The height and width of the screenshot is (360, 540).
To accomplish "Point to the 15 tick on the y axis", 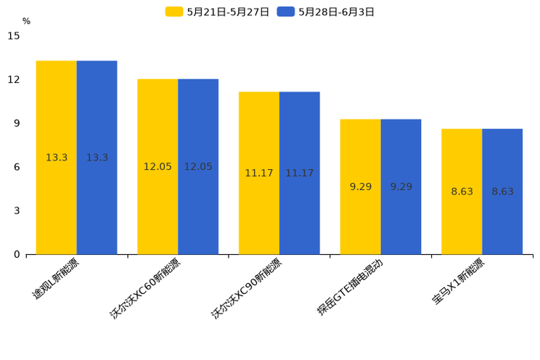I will coord(14,36).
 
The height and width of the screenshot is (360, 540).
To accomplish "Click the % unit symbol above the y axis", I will coord(26,22).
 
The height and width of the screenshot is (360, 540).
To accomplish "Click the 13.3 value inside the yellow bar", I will coord(57,157).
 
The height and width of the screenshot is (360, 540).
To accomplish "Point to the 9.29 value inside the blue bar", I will coord(401,187).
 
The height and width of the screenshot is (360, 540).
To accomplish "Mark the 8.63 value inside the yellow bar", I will coord(462,192).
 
